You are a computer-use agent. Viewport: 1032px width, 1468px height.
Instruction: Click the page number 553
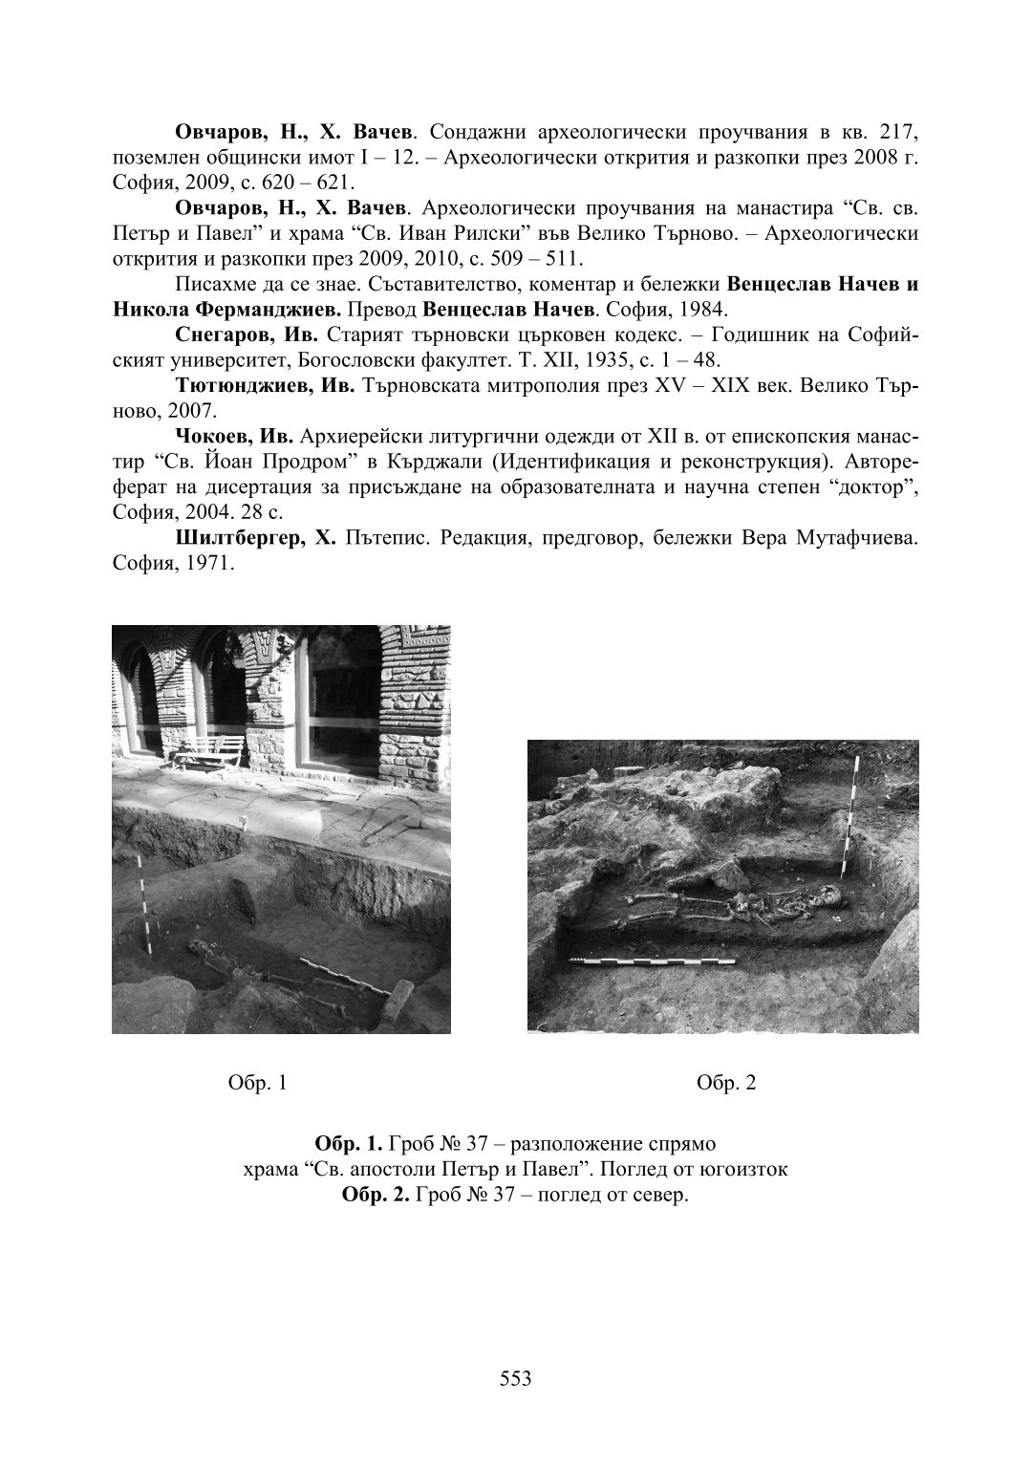[x=515, y=1378]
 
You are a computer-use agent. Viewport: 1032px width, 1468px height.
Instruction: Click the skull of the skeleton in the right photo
[x=829, y=897]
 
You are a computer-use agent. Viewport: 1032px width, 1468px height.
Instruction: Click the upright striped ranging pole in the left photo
[x=143, y=903]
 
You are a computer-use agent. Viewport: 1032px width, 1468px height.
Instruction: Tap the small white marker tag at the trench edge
[x=246, y=822]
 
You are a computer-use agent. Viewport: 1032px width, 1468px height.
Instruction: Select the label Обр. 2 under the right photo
[x=726, y=1082]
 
